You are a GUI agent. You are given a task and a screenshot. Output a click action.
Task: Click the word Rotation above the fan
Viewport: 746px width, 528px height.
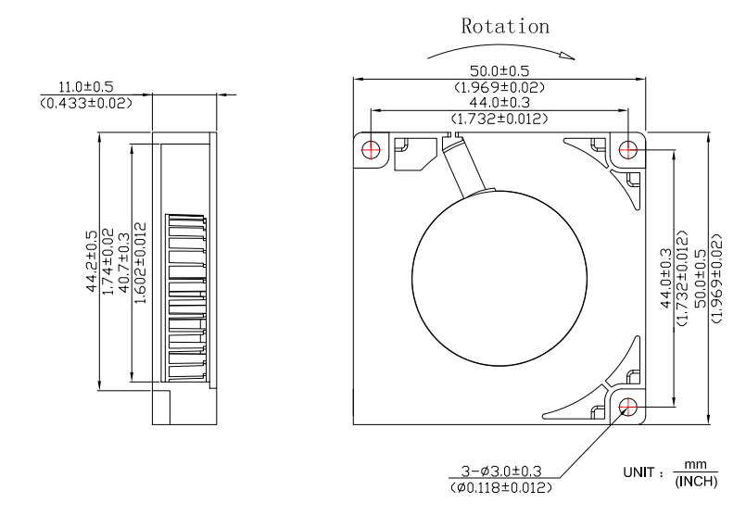[x=505, y=26]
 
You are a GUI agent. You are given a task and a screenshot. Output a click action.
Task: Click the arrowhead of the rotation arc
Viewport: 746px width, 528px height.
[x=567, y=57]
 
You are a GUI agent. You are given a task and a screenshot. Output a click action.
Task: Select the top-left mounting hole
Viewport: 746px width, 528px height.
[x=371, y=150]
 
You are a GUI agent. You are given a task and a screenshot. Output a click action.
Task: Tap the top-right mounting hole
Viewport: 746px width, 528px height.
[x=628, y=150]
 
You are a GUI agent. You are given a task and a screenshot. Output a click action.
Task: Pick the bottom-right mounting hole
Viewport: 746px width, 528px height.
[x=628, y=407]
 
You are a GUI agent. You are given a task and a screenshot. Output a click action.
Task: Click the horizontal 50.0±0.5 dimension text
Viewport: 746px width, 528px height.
[x=499, y=71]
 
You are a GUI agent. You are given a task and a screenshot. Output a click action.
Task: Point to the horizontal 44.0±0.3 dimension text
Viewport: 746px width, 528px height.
[x=499, y=102]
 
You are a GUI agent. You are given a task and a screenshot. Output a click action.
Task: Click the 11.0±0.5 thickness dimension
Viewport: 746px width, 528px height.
[x=85, y=86]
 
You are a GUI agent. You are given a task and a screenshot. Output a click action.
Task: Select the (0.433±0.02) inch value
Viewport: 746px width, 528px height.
[x=85, y=103]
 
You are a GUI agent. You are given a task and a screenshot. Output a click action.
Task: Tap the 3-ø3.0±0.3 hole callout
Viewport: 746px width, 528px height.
[x=501, y=471]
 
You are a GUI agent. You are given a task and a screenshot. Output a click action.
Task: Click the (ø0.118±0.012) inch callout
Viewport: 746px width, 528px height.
[x=501, y=487]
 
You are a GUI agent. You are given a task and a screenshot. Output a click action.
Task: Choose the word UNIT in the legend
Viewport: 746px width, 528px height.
[x=639, y=472]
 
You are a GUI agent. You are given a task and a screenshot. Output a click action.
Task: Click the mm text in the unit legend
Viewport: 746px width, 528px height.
[x=695, y=464]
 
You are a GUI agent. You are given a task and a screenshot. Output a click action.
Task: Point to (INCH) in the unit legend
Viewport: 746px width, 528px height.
[x=696, y=482]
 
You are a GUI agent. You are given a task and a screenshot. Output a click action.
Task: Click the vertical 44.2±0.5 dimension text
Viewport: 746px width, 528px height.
[x=92, y=261]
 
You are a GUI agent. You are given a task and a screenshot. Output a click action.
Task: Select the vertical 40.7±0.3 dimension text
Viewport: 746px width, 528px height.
[x=123, y=262]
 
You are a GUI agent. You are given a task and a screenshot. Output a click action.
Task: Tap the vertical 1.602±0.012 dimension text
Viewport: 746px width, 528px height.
[x=140, y=263]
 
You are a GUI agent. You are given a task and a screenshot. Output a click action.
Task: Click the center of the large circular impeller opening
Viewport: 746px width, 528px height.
[x=499, y=278]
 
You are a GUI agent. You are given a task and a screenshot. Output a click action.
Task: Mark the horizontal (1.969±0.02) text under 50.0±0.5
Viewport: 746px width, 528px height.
[x=499, y=87]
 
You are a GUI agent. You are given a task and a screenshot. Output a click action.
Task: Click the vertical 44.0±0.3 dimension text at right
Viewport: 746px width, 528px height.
[x=666, y=278]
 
